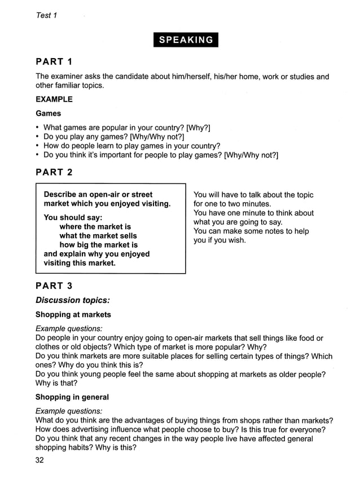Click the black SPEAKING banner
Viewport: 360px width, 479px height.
tap(186, 39)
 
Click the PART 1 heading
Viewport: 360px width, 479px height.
tap(54, 61)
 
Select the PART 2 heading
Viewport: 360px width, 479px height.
tap(54, 172)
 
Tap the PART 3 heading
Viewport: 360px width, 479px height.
tap(54, 286)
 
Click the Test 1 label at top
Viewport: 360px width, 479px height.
tap(47, 15)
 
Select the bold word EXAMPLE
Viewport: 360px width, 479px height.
tap(54, 99)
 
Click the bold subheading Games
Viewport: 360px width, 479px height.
tap(49, 113)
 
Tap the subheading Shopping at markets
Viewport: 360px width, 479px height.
tap(73, 314)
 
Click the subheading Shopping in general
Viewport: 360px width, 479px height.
tap(72, 397)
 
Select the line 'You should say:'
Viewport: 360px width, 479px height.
tap(73, 217)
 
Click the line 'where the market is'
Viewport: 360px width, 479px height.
tap(95, 227)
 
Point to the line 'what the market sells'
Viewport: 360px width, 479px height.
tap(98, 236)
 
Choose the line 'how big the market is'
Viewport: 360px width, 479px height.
tap(98, 245)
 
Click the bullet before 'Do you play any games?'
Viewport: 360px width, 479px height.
tap(37, 137)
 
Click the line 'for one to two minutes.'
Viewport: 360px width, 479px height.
tap(232, 204)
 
